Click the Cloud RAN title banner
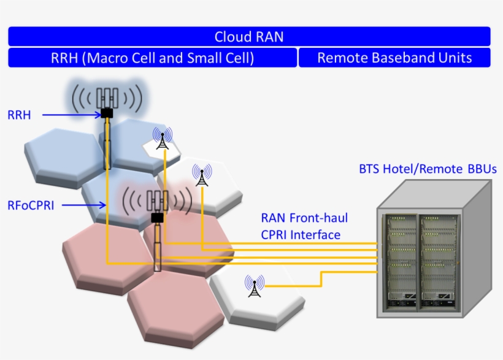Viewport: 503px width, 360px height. [249, 36]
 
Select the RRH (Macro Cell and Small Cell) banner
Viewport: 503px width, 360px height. [152, 58]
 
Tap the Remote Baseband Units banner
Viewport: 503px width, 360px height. [394, 58]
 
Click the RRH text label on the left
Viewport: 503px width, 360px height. [19, 114]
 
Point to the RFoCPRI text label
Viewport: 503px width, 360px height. [31, 205]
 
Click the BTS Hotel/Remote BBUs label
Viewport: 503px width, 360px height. [428, 169]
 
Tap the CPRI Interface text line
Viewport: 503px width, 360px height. [301, 234]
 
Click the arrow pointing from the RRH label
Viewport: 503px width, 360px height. [67, 113]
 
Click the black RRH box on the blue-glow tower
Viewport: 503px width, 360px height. [107, 113]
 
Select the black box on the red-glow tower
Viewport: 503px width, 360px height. [158, 218]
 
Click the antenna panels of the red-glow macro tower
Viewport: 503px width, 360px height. [158, 201]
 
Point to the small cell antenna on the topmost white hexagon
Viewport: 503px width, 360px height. [163, 139]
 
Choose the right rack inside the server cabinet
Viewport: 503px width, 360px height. [439, 261]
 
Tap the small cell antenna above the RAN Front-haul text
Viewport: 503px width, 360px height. [201, 175]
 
